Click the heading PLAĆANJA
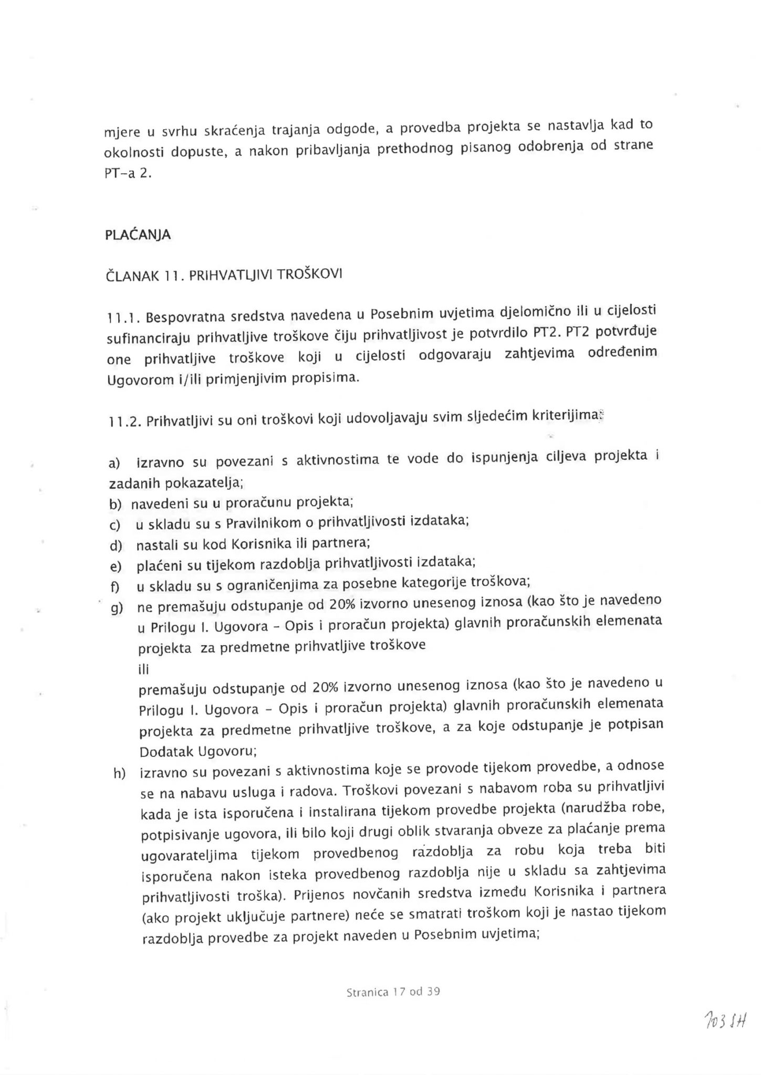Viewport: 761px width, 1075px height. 138,235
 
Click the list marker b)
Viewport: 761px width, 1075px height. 115,505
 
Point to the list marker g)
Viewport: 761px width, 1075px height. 116,608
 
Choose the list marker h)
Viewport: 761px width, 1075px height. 119,774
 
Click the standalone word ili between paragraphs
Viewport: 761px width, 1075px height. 143,669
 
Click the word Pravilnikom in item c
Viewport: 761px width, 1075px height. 269,523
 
